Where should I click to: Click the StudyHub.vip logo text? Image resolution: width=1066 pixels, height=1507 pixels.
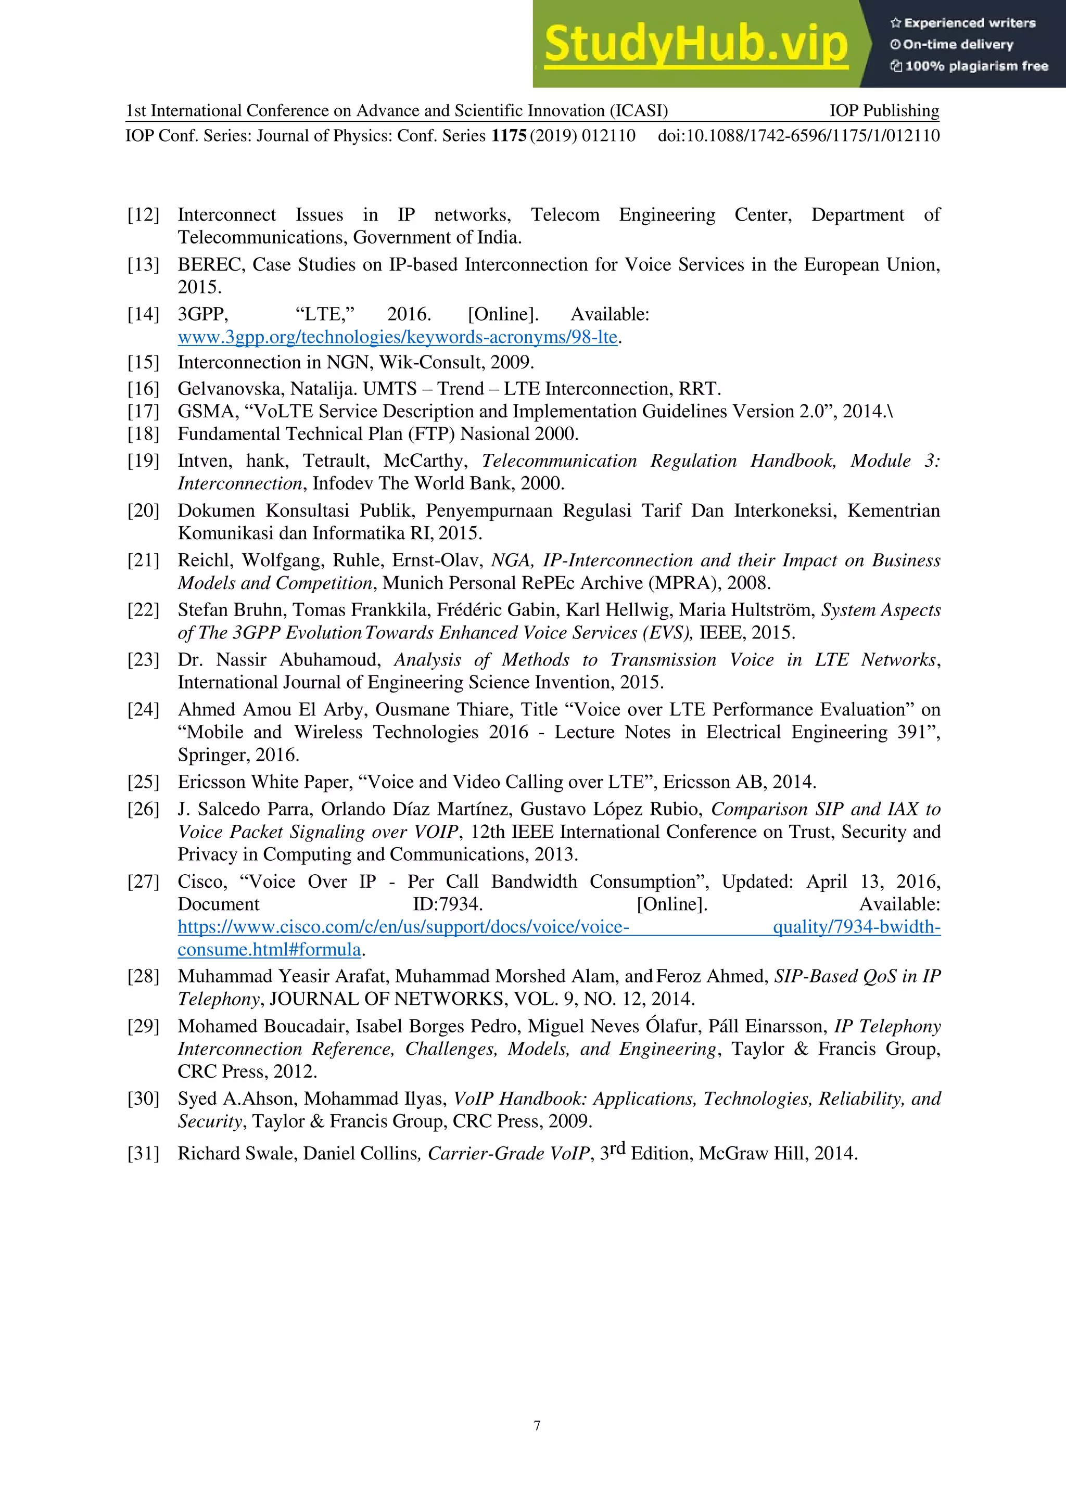[696, 44]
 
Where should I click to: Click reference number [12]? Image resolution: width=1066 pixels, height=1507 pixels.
[143, 214]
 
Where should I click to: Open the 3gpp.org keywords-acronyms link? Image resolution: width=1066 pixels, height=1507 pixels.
[397, 337]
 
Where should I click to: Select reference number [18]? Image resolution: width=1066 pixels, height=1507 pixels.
[143, 434]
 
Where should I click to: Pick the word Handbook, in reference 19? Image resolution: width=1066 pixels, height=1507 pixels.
[793, 461]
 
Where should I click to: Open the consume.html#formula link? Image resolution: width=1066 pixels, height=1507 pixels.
[269, 949]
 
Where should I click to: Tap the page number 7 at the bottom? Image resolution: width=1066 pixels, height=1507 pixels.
[537, 1426]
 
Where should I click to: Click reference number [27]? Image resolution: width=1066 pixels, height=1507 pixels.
[143, 882]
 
